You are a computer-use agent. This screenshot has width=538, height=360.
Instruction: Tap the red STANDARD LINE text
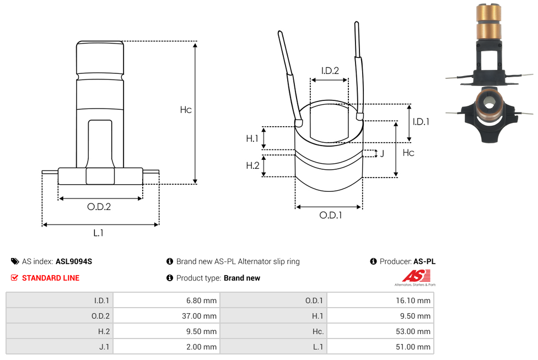point(50,278)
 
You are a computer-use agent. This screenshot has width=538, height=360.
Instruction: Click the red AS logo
point(412,276)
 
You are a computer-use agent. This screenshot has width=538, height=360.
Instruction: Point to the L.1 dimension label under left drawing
point(98,233)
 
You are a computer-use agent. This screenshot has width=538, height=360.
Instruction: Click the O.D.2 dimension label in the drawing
point(99,207)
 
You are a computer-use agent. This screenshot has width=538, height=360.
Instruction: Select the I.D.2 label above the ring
point(330,71)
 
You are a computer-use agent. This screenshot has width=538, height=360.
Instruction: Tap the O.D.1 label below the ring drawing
point(330,216)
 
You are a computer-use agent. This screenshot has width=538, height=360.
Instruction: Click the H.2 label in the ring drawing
point(252,165)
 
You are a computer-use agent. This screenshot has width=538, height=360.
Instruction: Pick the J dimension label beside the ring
point(381,153)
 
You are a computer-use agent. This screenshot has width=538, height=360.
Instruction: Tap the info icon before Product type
point(170,278)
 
